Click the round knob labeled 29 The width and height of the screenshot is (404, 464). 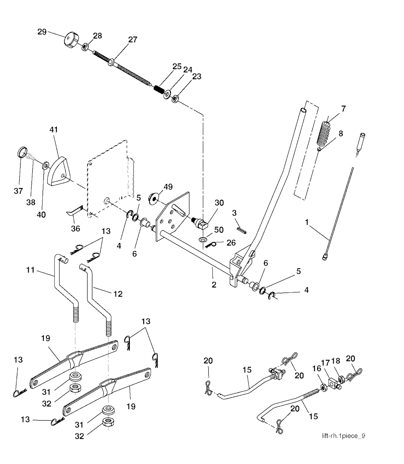pos(70,40)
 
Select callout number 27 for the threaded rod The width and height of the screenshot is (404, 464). pos(132,40)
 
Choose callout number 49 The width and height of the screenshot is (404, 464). pos(168,187)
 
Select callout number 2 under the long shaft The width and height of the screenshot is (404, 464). pos(213,285)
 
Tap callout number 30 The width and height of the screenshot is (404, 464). pos(219,203)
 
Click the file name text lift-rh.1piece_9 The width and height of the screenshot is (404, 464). pos(343,436)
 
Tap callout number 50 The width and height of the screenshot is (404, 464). pos(219,230)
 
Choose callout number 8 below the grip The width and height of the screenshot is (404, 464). pos(340,134)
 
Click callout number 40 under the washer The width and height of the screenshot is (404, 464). pos(41,215)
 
